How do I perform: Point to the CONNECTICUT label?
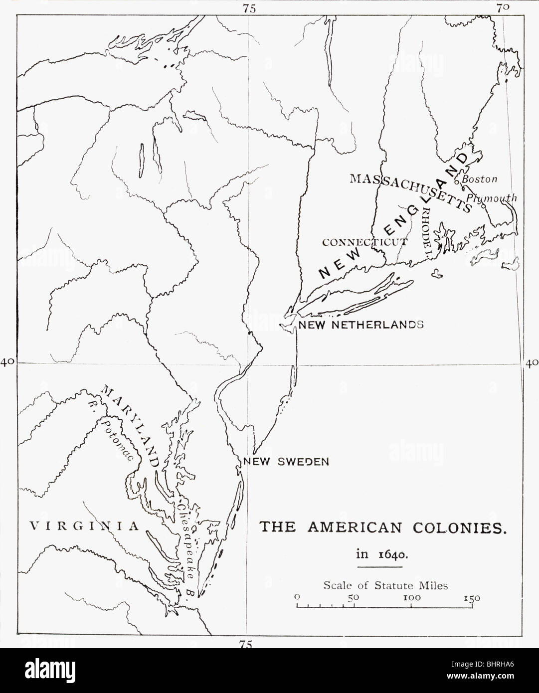pos(365,242)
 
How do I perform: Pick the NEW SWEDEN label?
pos(286,461)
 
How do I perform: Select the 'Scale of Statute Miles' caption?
pos(385,586)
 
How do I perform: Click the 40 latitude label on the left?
pos(7,362)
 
